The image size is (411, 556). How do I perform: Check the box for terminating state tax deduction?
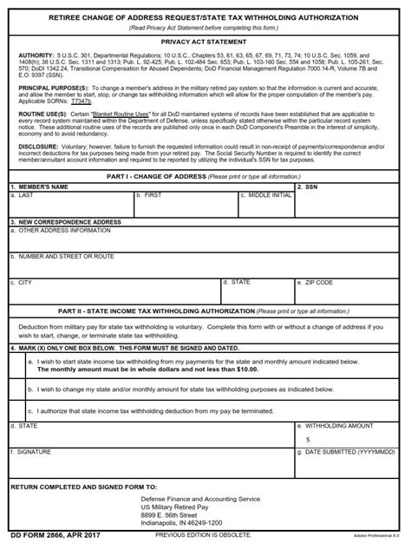pyautogui.click(x=21, y=411)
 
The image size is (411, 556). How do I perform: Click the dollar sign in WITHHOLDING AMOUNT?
pyautogui.click(x=308, y=440)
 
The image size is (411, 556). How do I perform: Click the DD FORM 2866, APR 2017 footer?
pyautogui.click(x=55, y=535)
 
